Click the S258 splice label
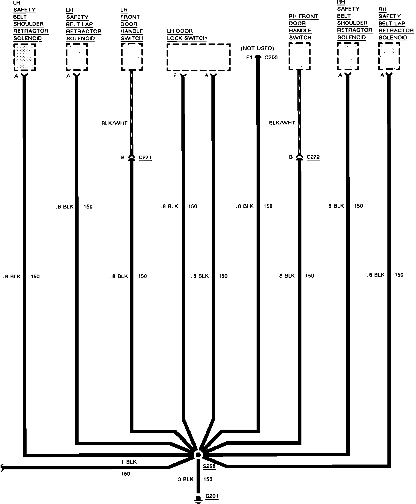209,467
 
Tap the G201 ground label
212,496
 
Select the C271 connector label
145,158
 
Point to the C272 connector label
313,157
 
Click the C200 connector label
271,57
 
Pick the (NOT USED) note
257,48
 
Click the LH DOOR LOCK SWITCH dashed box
199,57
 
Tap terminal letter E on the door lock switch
175,76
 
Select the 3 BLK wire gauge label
186,479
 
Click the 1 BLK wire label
129,462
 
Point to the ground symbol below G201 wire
197,499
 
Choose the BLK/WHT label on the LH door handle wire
114,123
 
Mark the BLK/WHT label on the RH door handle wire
282,123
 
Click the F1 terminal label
249,57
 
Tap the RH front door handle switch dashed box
299,56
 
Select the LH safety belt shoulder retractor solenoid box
25,57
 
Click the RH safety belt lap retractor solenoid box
389,56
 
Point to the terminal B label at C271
123,158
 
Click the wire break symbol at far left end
3,468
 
